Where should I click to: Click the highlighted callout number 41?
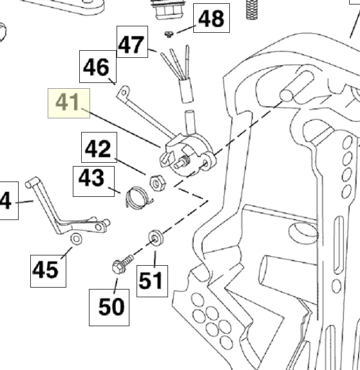click(x=69, y=103)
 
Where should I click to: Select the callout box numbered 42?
click(x=99, y=147)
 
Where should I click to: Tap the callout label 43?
click(x=94, y=181)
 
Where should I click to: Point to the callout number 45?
click(x=48, y=271)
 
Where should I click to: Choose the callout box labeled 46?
click(x=98, y=66)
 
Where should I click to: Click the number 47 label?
click(x=132, y=42)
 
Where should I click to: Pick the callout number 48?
click(x=211, y=18)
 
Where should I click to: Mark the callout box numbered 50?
click(x=109, y=308)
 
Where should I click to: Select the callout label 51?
click(x=153, y=281)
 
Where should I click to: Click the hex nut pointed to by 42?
click(x=157, y=183)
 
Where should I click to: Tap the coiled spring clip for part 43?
click(x=138, y=198)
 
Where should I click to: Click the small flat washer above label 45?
click(x=76, y=239)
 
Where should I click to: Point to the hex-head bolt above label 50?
click(x=122, y=264)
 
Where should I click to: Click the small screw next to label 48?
click(x=169, y=35)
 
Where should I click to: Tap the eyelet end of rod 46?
click(x=124, y=92)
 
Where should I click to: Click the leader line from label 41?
click(x=121, y=127)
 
